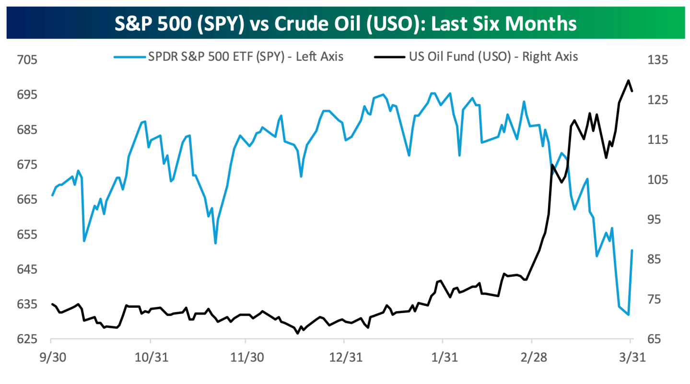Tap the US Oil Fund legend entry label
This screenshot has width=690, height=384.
point(493,57)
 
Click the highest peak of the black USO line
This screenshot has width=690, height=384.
point(628,81)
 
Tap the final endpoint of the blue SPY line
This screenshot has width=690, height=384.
point(632,250)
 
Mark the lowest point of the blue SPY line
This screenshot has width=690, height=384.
point(628,314)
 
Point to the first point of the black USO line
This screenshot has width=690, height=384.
point(52,304)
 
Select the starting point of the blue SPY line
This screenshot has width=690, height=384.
point(52,195)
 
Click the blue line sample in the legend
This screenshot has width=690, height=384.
point(129,57)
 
